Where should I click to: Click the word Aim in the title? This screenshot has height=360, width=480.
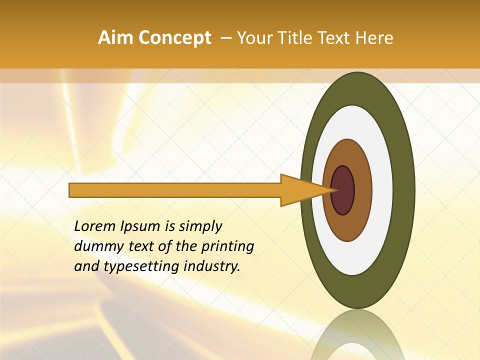pos(115,38)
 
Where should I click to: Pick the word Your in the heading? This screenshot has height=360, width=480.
pos(254,38)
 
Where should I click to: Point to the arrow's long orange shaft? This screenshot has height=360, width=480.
pos(175,190)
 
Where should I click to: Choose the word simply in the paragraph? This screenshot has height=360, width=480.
pos(200,226)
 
